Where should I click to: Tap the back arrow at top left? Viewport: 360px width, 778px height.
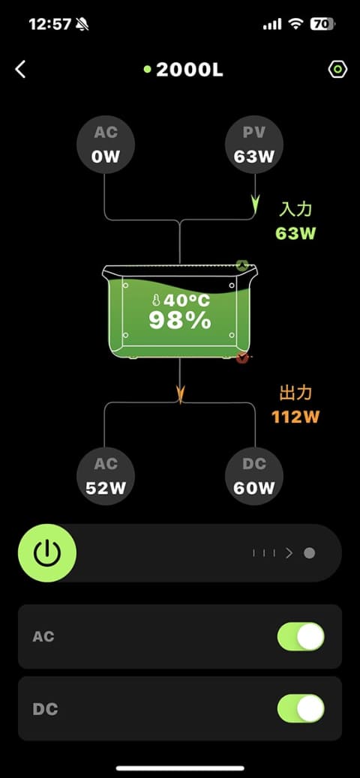19,70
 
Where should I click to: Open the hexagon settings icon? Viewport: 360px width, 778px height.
337,70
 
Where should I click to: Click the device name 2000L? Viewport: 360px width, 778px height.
190,70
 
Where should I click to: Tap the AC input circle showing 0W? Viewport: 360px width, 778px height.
105,145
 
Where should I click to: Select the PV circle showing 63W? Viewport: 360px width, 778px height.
254,145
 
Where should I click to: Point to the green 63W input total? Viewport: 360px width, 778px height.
295,233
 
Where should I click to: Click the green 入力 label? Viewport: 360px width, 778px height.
295,209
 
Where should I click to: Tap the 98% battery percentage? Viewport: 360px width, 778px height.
180,321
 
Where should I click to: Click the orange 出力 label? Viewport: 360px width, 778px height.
295,393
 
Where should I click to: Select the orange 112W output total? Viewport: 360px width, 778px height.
295,417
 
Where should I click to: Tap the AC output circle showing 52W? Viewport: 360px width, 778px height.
105,477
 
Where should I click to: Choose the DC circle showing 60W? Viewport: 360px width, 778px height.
254,477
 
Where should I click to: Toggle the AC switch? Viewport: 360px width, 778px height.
301,636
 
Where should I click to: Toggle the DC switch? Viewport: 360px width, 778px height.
301,708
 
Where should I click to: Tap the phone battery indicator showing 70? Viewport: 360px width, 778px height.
322,24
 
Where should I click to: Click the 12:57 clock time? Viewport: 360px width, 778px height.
49,24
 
